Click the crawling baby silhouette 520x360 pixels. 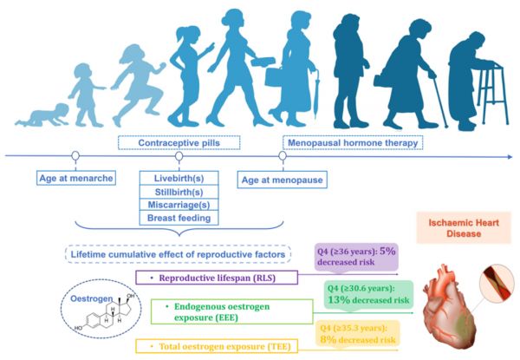42,116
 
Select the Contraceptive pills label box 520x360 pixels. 179,142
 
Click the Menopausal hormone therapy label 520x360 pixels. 353,142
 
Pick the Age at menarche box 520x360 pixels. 76,178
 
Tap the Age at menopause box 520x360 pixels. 283,180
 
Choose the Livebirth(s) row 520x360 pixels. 179,178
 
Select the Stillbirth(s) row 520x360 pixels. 179,192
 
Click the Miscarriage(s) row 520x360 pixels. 179,205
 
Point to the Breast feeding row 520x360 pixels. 179,218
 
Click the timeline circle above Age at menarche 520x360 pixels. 75,155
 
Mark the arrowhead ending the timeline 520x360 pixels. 510,157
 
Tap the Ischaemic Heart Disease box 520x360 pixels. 464,228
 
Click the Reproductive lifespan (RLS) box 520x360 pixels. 217,278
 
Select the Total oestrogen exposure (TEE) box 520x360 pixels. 217,346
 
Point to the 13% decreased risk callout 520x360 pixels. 368,295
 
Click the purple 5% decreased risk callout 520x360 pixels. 356,257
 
